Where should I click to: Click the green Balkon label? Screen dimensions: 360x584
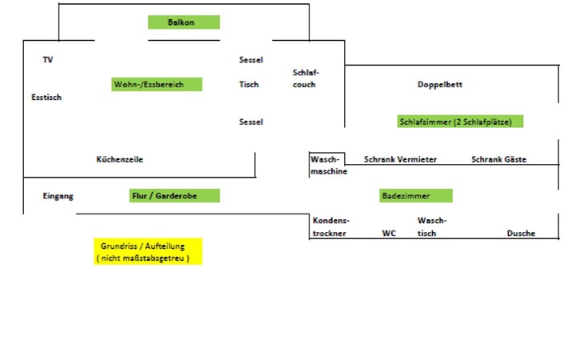pyautogui.click(x=183, y=22)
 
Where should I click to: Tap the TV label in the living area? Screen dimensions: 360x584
pyautogui.click(x=48, y=60)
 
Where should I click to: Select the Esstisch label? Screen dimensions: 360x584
pyautogui.click(x=46, y=98)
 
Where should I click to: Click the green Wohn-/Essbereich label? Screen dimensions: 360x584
pyautogui.click(x=158, y=84)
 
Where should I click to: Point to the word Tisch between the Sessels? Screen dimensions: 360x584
pyautogui.click(x=249, y=84)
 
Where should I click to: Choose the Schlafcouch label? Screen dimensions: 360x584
pyautogui.click(x=306, y=78)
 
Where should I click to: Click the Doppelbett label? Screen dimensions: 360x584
pyautogui.click(x=440, y=85)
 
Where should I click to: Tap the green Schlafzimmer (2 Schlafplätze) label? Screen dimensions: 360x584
pyautogui.click(x=460, y=122)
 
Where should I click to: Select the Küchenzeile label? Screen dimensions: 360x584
pyautogui.click(x=119, y=159)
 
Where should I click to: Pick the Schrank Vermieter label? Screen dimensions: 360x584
pyautogui.click(x=400, y=159)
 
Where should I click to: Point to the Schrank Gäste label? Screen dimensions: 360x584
pyautogui.click(x=498, y=159)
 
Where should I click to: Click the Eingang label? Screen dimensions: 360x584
pyautogui.click(x=58, y=196)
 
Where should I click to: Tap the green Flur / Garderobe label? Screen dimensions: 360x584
pyautogui.click(x=174, y=195)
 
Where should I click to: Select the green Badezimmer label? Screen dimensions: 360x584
pyautogui.click(x=416, y=195)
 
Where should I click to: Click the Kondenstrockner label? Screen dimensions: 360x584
pyautogui.click(x=330, y=226)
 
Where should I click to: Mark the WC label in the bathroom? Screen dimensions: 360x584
pyautogui.click(x=389, y=234)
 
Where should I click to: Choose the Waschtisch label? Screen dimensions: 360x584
pyautogui.click(x=432, y=226)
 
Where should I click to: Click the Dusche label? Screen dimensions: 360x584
pyautogui.click(x=521, y=234)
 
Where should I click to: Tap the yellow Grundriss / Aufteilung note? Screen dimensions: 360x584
pyautogui.click(x=148, y=250)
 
